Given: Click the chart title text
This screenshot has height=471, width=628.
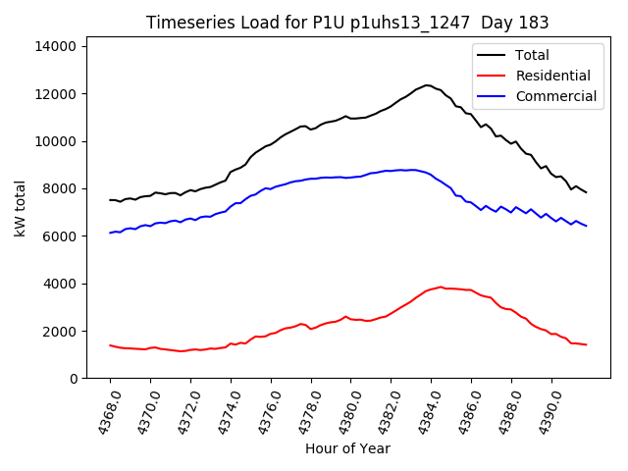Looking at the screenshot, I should (x=347, y=23).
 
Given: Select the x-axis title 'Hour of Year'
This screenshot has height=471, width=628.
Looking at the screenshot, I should (x=347, y=448).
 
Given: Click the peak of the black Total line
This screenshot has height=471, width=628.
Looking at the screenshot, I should (x=427, y=85).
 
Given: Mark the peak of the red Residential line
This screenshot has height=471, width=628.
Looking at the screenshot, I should (x=441, y=288).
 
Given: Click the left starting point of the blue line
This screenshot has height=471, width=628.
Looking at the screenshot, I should (x=110, y=233).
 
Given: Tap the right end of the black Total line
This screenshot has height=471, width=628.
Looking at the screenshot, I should (x=586, y=192).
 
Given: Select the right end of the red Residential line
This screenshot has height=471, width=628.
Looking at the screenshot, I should (x=586, y=344).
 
